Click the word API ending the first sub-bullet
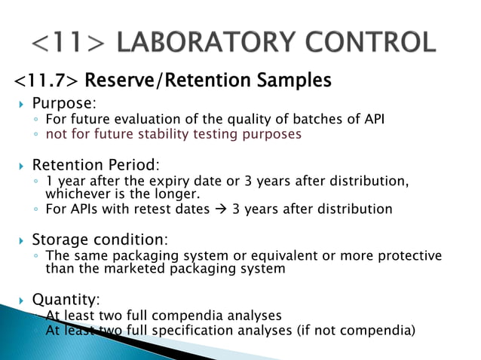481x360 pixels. tap(372, 119)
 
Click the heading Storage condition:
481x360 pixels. tap(99, 240)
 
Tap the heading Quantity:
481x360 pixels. tap(65, 299)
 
